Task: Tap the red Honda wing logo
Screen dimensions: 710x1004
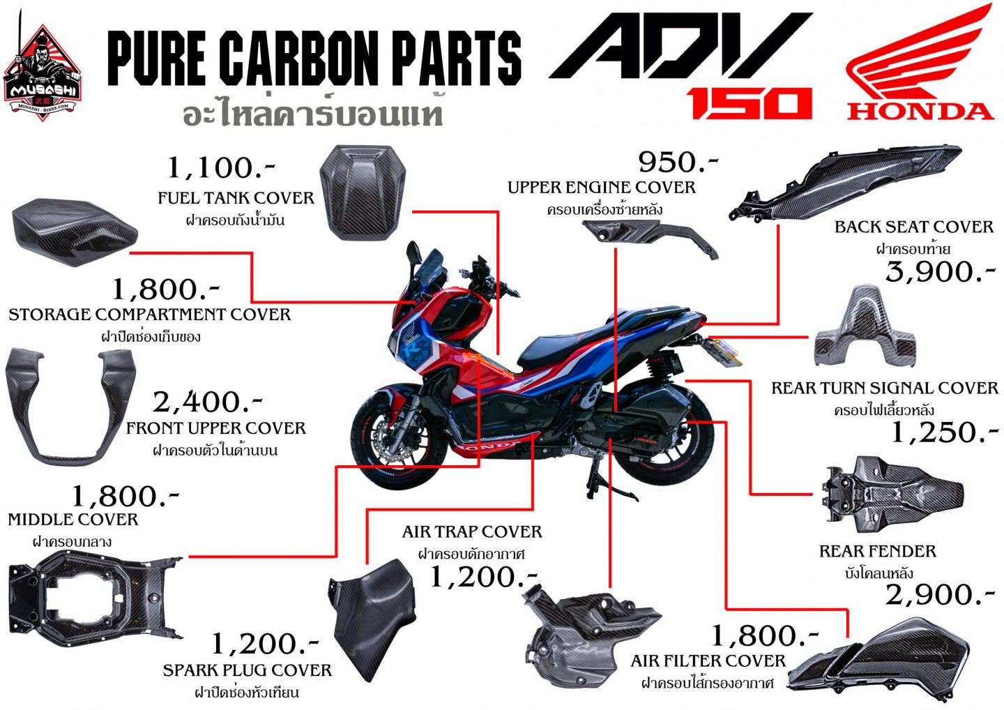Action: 920,63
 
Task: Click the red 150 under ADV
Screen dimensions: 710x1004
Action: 750,103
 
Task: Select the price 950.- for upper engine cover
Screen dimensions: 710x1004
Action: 678,162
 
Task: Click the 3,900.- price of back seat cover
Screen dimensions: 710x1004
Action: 940,271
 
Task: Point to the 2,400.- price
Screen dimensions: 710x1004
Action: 207,402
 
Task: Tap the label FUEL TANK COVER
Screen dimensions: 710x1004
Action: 236,198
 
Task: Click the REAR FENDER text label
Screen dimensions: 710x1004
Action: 877,551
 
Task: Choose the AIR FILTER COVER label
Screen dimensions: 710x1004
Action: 708,660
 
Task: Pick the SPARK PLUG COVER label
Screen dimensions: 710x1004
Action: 247,670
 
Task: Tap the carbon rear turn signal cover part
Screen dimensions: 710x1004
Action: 865,328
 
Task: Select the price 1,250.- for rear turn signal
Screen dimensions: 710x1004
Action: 945,432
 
